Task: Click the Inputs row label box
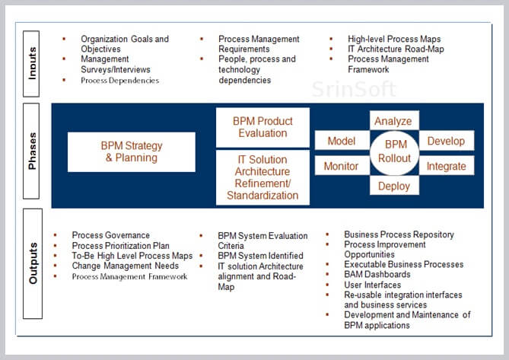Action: point(31,64)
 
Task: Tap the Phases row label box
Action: point(31,151)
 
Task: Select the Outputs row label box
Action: point(33,263)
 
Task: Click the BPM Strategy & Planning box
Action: point(132,152)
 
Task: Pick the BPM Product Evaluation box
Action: point(262,127)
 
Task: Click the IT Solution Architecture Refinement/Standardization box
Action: point(262,177)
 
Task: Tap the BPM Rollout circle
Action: point(394,153)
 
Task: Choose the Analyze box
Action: point(394,121)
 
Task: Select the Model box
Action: point(342,141)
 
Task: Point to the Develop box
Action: point(447,141)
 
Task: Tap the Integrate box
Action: point(447,166)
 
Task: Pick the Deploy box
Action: point(394,186)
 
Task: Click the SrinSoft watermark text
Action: point(354,89)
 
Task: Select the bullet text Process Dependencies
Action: point(119,81)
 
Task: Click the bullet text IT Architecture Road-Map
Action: point(396,49)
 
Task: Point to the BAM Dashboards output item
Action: point(377,275)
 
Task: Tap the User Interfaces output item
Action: point(372,285)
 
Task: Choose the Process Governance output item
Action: point(110,235)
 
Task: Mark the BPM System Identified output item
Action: point(260,256)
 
